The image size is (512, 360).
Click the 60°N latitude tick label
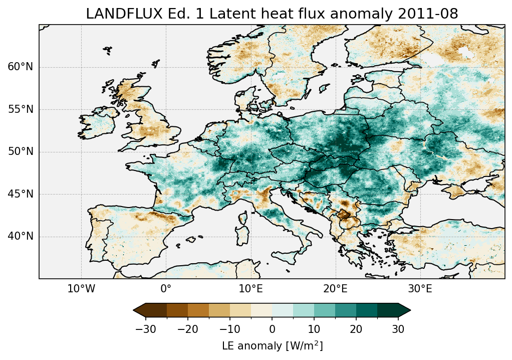(x=21, y=67)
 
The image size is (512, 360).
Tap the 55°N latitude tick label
(x=21, y=109)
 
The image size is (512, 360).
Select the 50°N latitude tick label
(x=21, y=151)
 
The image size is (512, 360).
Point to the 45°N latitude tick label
(x=21, y=194)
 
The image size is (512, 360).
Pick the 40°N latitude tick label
(x=21, y=236)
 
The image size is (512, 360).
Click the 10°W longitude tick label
(x=81, y=289)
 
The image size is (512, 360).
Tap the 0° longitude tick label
(x=166, y=289)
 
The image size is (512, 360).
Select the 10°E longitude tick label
(x=250, y=289)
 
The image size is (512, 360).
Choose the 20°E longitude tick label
(x=335, y=289)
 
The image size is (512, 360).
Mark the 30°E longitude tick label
(x=420, y=289)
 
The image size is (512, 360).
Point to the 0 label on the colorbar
(x=272, y=329)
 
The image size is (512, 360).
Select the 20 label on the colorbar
(x=356, y=329)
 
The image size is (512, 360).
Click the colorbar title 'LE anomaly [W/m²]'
(x=272, y=346)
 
